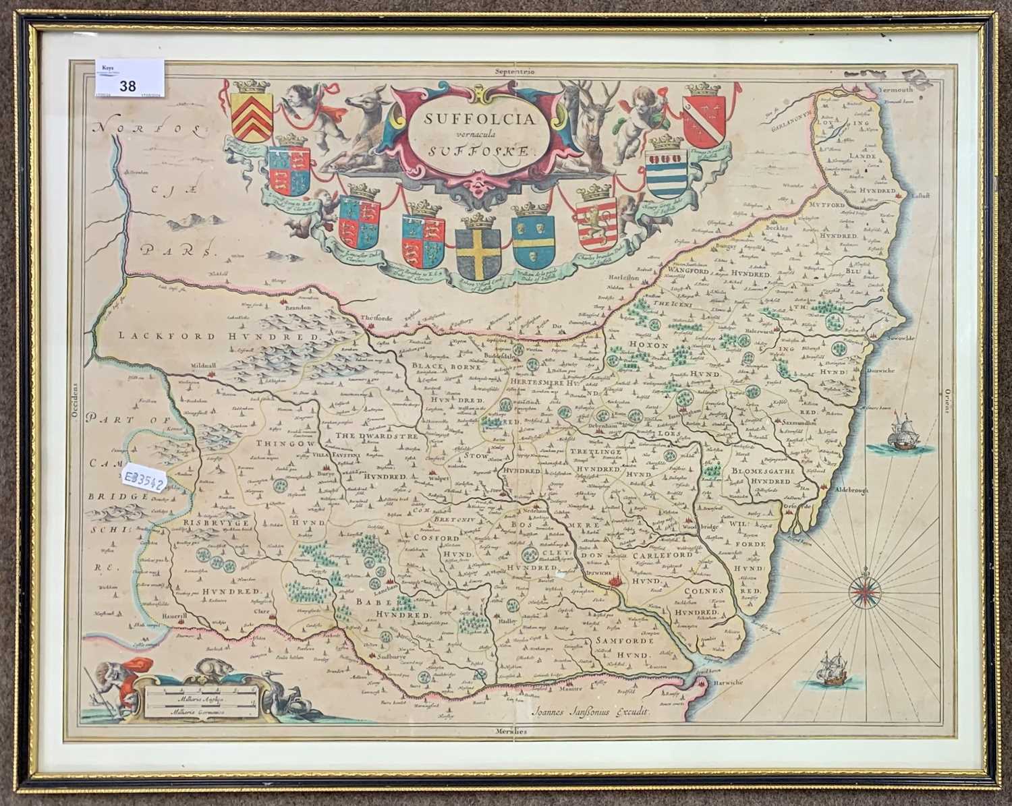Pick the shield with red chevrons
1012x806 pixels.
coord(251,115)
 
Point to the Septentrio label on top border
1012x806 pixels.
coord(513,70)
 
